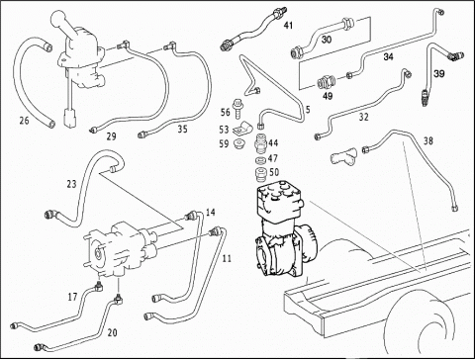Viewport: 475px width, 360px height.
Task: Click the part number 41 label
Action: pos(288,25)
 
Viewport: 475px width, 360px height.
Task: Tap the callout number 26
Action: pos(24,121)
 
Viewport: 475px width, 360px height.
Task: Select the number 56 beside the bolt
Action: pos(226,112)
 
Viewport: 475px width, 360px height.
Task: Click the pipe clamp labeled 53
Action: pos(242,130)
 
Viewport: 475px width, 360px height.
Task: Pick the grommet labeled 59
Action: pos(238,143)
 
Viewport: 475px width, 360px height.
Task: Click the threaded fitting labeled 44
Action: pos(261,142)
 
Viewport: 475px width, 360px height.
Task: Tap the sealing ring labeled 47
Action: pos(261,161)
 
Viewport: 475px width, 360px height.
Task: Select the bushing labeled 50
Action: pos(261,174)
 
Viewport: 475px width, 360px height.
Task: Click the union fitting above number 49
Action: pos(327,82)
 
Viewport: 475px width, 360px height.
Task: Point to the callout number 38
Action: pos(427,141)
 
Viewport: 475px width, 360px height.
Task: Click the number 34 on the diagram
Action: pos(388,57)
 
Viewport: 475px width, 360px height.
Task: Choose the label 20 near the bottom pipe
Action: pos(113,333)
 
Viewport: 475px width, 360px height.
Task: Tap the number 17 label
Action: pos(72,297)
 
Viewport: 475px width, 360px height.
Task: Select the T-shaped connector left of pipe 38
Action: pos(343,156)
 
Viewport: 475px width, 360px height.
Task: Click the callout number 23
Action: pos(71,184)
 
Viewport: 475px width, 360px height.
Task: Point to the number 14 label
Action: pos(211,213)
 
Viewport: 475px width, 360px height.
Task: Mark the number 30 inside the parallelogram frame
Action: pos(327,40)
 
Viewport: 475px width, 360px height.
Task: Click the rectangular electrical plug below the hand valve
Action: pos(70,119)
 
